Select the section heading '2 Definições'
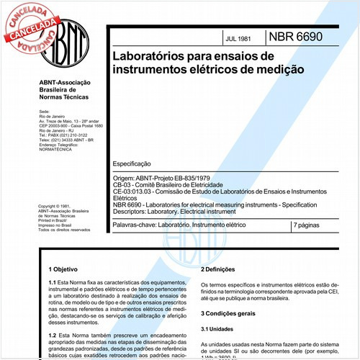point(224,269)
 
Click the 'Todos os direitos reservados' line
point(64,230)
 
